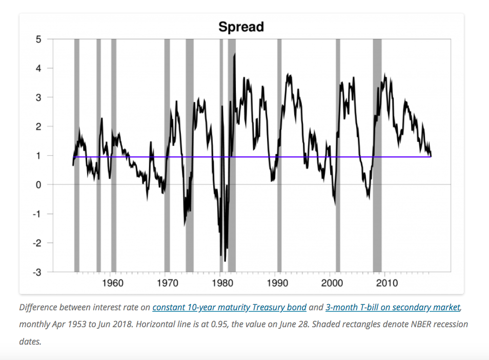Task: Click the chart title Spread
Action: click(241, 27)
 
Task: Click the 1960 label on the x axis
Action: click(110, 283)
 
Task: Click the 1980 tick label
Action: click(220, 283)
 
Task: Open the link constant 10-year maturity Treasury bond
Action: click(229, 308)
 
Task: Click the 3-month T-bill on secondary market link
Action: click(393, 308)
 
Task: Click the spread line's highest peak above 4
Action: click(235, 54)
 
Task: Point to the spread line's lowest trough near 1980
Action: click(225, 261)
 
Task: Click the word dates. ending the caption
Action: click(30, 342)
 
